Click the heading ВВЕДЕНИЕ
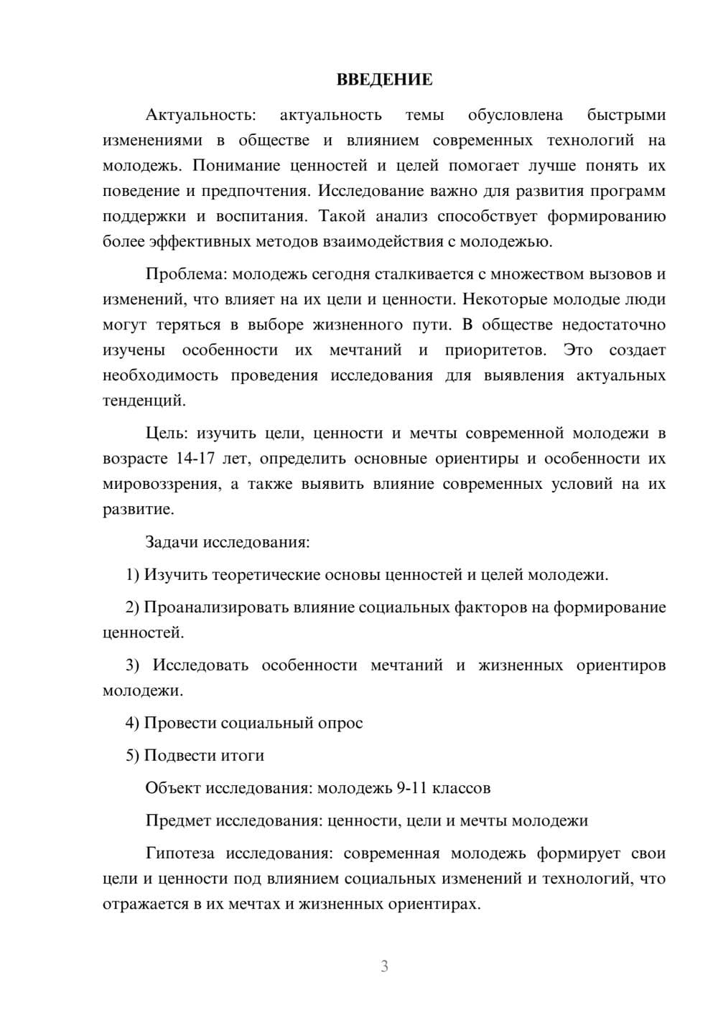[384, 80]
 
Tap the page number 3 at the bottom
[384, 966]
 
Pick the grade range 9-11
[414, 788]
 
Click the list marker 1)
[132, 575]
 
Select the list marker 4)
[132, 723]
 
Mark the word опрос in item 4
[340, 723]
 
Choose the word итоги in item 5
[243, 756]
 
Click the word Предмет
[178, 820]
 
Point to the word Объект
[173, 788]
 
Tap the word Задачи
[172, 542]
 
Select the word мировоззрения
[161, 485]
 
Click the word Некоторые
[500, 299]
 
